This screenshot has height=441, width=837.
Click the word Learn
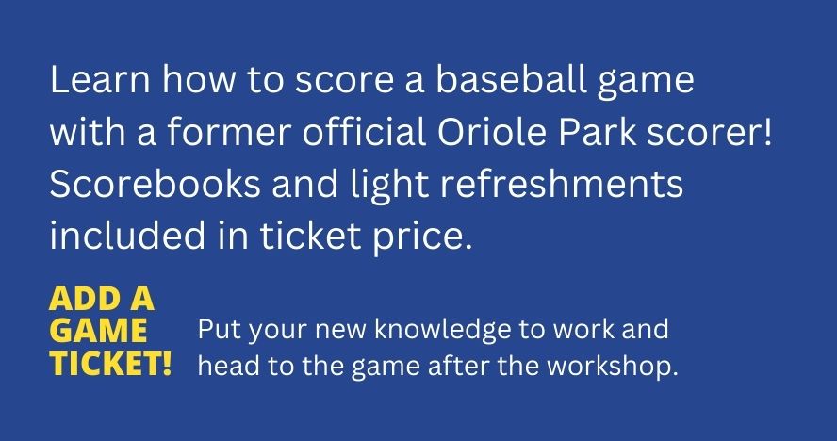100,80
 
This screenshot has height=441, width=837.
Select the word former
230,132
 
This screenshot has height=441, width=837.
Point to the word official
365,132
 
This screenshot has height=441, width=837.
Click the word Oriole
492,132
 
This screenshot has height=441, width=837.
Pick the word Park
597,132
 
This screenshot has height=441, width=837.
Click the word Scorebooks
156,184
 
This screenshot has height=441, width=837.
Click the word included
127,236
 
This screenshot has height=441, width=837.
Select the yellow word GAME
98,331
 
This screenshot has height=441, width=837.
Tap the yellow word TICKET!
110,364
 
